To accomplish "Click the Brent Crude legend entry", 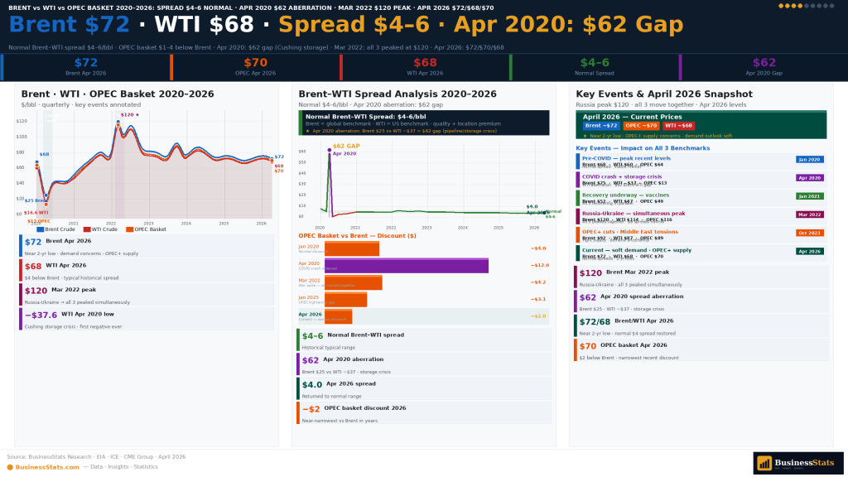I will click(55, 229).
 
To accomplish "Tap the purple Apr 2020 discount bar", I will click(406, 266).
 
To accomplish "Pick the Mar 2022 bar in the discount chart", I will click(353, 283).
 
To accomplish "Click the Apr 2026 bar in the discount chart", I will click(338, 316).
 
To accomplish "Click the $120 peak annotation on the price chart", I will click(128, 115).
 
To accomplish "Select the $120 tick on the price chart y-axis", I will click(22, 121).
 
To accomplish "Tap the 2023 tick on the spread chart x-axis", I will click(426, 228).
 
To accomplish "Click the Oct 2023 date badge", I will click(809, 233).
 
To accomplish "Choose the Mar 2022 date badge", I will click(809, 214).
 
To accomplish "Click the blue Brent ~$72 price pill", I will click(601, 126).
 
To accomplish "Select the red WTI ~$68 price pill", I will click(678, 126).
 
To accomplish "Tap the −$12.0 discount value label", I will click(539, 265).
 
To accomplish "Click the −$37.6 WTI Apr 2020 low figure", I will click(41, 315).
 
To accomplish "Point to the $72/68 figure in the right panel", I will click(595, 320).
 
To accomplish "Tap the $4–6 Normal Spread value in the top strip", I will click(594, 63).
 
